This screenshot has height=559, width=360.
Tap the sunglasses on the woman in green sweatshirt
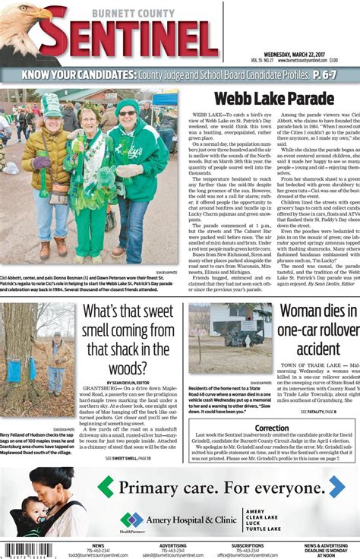pyautogui.click(x=127, y=113)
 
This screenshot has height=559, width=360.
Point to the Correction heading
pyautogui.click(x=271, y=428)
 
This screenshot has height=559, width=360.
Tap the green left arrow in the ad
pyautogui.click(x=106, y=487)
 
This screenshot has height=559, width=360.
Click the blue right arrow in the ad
pyautogui.click(x=336, y=487)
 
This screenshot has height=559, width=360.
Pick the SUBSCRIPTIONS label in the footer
pyautogui.click(x=248, y=546)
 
